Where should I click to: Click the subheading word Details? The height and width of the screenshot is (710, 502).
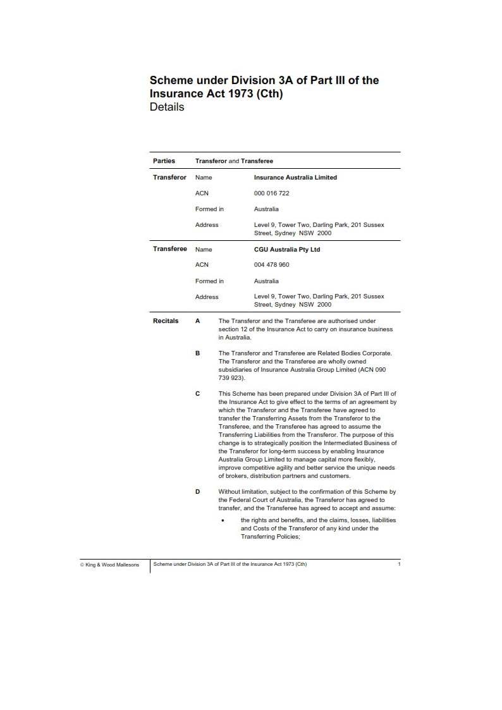click(x=167, y=107)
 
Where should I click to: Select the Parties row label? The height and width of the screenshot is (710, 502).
click(x=164, y=161)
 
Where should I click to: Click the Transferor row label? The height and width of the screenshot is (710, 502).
click(x=169, y=177)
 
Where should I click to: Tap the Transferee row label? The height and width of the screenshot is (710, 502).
click(x=170, y=249)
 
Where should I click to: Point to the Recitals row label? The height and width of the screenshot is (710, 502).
click(x=166, y=321)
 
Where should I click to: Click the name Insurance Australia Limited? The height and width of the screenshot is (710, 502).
click(x=295, y=178)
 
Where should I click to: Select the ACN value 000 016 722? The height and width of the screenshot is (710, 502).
click(x=271, y=193)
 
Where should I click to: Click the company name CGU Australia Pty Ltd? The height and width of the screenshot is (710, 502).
click(x=287, y=250)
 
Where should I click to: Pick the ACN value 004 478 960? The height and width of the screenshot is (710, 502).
click(x=271, y=265)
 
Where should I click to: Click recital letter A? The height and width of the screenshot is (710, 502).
click(x=198, y=321)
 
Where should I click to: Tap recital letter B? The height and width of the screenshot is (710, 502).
click(x=198, y=353)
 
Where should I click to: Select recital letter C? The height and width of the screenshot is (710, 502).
click(x=198, y=393)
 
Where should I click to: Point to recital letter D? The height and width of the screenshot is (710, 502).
click(x=198, y=491)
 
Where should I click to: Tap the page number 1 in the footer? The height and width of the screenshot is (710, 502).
click(x=399, y=564)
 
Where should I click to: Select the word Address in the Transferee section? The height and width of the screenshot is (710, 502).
click(x=207, y=297)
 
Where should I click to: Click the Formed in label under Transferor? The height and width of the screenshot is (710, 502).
click(x=209, y=209)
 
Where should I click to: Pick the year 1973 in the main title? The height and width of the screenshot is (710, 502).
click(x=233, y=94)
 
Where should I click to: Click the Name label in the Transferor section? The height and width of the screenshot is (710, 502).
click(x=204, y=178)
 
